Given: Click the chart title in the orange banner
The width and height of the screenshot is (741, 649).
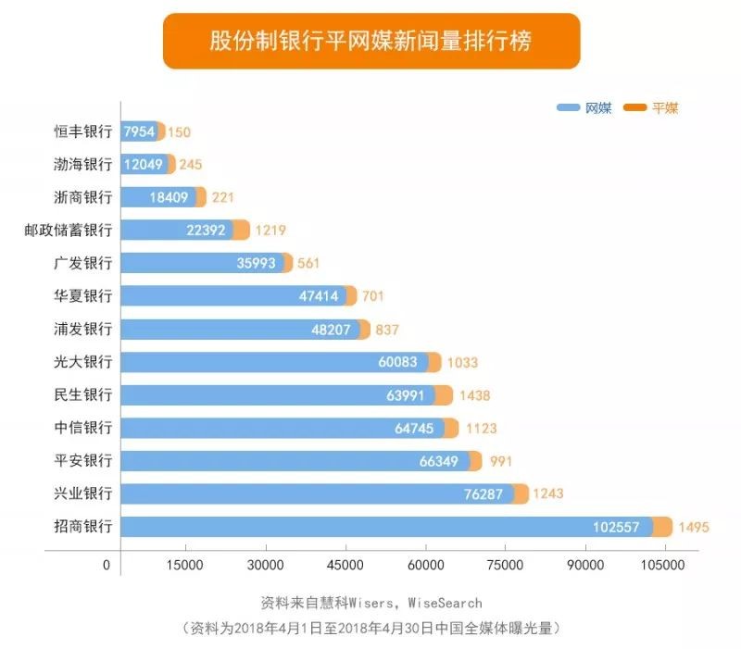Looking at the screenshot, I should click(x=370, y=42).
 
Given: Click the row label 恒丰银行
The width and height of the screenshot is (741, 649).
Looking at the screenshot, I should click(x=82, y=131).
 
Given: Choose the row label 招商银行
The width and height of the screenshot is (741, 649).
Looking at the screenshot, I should click(x=82, y=527).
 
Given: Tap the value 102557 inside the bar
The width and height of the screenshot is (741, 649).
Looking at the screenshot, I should click(x=616, y=528).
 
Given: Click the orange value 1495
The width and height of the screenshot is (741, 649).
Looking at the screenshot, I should click(x=693, y=528).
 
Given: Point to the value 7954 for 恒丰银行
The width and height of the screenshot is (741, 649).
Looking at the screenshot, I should click(x=139, y=131).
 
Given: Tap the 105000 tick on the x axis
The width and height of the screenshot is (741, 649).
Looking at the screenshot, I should click(x=661, y=565).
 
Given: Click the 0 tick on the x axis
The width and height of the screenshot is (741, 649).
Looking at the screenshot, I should click(x=107, y=565).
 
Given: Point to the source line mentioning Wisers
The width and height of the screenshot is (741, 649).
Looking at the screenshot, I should click(x=370, y=603).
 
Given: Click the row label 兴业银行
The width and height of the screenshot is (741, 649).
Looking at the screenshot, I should click(x=82, y=494).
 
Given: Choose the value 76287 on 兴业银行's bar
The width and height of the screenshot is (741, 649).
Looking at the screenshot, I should click(x=484, y=494).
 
